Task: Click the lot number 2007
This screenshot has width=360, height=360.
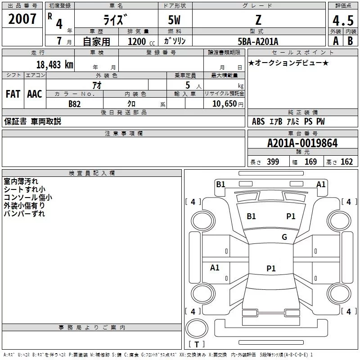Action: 22,19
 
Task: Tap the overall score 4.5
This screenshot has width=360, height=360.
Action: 343,20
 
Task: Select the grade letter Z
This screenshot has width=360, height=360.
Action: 258,20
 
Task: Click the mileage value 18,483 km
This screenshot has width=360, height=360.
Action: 55,65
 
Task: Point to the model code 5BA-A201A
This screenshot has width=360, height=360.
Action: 258,41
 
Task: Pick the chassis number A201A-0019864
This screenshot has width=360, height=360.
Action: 302,143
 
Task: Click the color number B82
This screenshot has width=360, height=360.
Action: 75,104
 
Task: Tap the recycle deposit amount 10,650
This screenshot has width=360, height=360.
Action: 224,104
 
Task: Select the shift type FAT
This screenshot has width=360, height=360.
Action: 13,94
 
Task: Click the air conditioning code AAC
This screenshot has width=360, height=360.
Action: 35,94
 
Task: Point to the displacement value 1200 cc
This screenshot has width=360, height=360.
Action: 141,41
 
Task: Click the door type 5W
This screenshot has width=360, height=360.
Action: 174,20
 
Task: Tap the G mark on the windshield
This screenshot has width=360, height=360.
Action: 284,237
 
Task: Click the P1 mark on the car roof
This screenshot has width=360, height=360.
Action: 271,268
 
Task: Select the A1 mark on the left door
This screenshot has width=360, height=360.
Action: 215,267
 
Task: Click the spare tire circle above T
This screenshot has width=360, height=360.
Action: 197,328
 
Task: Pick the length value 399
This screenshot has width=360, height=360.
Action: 273,162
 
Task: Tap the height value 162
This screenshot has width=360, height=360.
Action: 346,162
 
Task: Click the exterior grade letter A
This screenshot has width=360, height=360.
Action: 336,41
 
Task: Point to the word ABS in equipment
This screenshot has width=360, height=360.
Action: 258,121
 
